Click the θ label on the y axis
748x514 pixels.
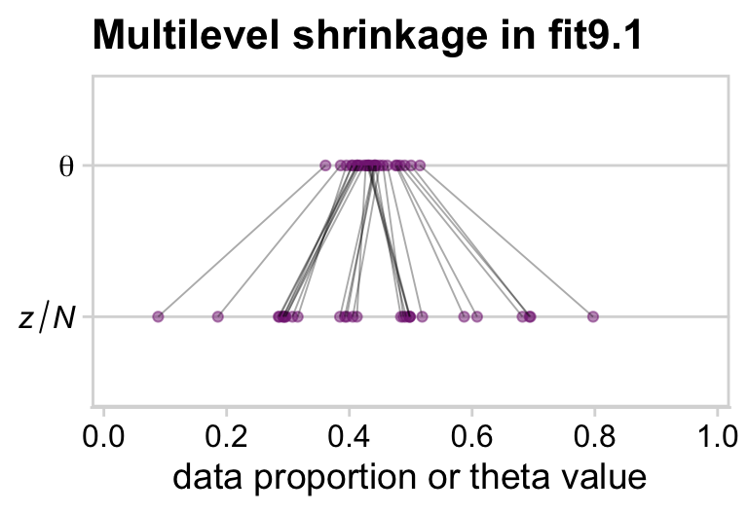[66, 165]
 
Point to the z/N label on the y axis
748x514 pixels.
[48, 317]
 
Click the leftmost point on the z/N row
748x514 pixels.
[158, 316]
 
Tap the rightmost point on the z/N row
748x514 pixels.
[592, 316]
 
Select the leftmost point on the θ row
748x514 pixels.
[325, 165]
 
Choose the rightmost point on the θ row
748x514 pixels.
[420, 165]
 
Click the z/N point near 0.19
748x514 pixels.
[218, 316]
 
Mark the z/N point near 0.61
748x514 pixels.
[477, 316]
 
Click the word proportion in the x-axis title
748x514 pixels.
[327, 477]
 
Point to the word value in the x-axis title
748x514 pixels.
[602, 477]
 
